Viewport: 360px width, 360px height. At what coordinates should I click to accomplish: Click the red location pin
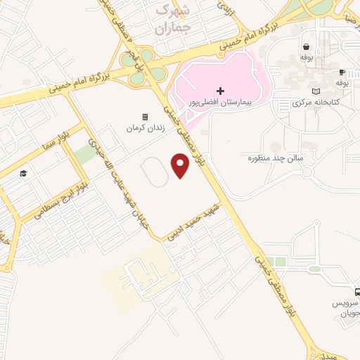[x=181, y=165]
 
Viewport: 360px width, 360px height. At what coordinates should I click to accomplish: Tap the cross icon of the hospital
[x=221, y=91]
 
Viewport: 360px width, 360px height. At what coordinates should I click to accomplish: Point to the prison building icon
[x=146, y=117]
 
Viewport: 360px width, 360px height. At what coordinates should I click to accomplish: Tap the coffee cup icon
[x=342, y=72]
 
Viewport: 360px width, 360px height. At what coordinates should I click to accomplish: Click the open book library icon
[x=316, y=91]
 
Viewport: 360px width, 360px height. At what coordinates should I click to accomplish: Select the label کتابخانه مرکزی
[x=316, y=103]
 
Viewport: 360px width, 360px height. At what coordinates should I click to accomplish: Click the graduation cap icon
[x=23, y=173]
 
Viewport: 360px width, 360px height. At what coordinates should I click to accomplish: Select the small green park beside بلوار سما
[x=86, y=155]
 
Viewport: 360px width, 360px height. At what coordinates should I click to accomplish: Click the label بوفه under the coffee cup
[x=342, y=83]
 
